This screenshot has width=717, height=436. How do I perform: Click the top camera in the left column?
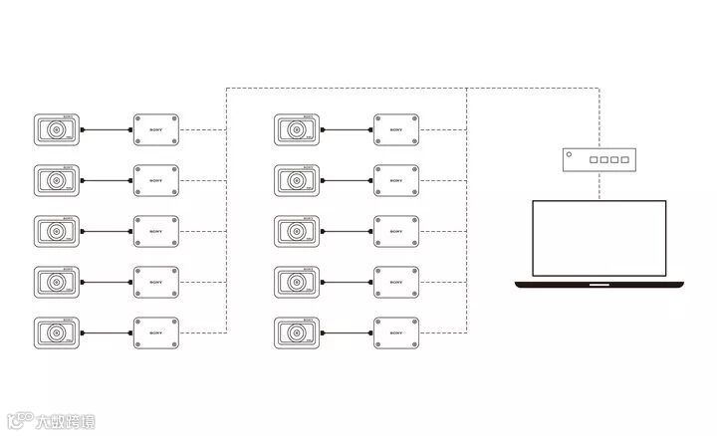57,129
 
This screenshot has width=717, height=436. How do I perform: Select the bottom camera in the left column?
57,331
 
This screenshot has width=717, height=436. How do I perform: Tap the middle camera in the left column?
57,231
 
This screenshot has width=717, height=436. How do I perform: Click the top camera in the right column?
297,129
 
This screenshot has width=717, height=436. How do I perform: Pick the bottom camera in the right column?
297,331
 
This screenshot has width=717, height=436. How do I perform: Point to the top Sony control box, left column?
155,129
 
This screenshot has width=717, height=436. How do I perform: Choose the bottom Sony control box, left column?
155,331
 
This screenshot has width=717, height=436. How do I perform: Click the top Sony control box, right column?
396,129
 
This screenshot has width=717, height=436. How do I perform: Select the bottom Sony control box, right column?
396,331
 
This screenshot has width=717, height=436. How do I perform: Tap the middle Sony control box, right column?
396,231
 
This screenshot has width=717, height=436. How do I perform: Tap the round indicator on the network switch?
570,155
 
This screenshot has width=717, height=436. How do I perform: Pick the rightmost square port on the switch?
625,160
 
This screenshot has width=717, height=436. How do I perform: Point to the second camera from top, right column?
297,180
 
